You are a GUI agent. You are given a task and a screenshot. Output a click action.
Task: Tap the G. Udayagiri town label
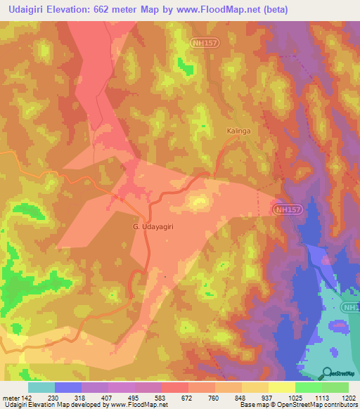(x=153, y=226)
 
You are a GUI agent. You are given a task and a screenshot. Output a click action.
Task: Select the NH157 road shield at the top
(x=203, y=44)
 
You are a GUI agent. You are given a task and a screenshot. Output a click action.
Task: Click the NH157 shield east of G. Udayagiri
(x=288, y=209)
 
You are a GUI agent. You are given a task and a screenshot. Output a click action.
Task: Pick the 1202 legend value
(x=348, y=398)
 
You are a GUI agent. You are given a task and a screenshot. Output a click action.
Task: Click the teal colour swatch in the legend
(x=41, y=387)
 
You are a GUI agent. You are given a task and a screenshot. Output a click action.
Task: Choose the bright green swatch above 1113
(x=308, y=387)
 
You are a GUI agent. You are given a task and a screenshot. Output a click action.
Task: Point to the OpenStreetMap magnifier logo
(x=325, y=374)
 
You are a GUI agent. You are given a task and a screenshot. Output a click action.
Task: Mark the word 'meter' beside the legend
(x=11, y=398)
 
